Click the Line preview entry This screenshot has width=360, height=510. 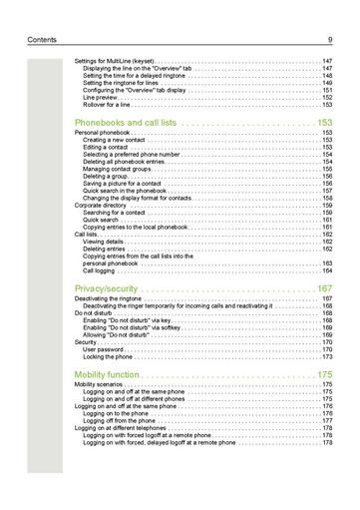tap(102, 97)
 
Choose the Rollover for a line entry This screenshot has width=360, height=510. tap(109, 104)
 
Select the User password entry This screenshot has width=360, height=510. tap(105, 349)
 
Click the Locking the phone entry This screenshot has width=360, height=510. tap(110, 356)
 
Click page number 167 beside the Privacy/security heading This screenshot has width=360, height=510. tap(323, 288)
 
